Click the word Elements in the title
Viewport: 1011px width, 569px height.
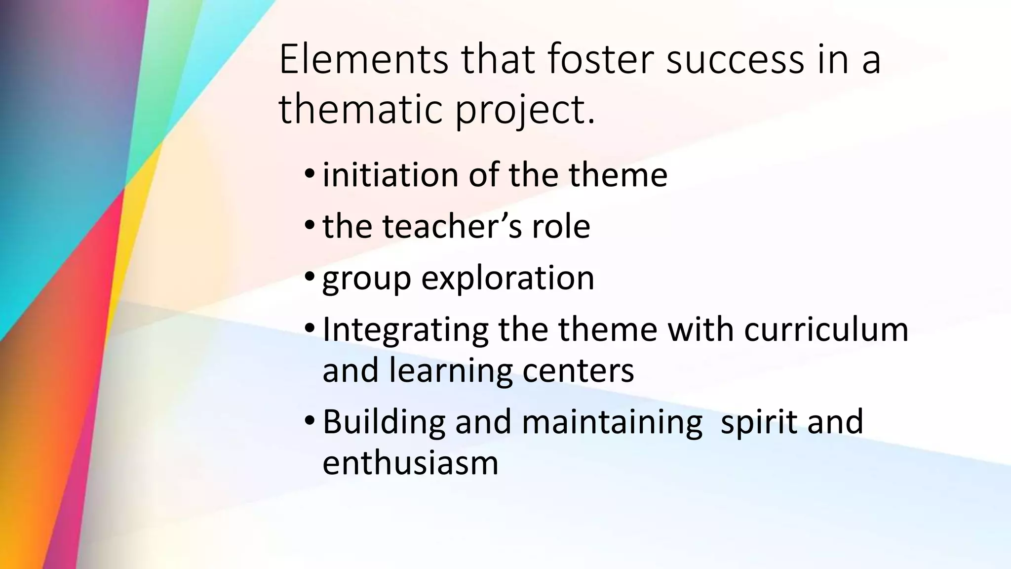click(363, 60)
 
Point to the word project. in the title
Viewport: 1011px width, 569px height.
click(525, 111)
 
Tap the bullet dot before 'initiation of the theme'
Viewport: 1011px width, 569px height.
click(310, 174)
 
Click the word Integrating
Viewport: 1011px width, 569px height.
click(405, 330)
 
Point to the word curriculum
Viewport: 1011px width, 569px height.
click(826, 329)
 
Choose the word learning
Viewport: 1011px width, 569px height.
click(451, 371)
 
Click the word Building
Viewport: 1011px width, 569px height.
click(384, 422)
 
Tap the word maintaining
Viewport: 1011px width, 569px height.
click(612, 422)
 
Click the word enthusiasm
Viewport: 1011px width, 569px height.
click(410, 463)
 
